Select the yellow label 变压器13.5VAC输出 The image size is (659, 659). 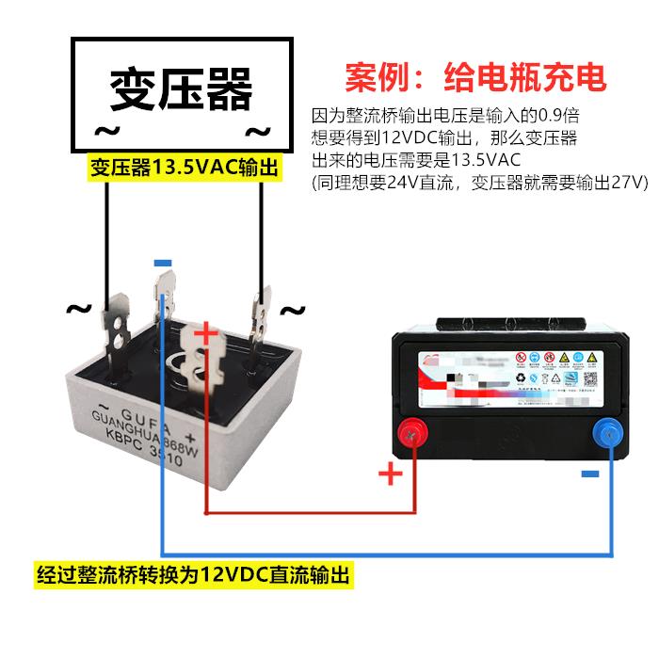[185, 169]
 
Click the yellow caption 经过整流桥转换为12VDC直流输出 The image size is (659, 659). [192, 575]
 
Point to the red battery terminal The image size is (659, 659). [411, 435]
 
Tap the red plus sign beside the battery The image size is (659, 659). [390, 474]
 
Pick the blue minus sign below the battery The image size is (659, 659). [589, 474]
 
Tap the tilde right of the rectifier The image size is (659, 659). [294, 310]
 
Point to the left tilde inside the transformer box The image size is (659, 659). [104, 130]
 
